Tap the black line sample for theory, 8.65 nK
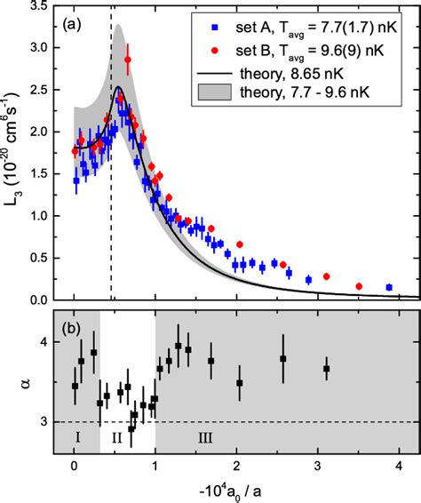(x=214, y=67)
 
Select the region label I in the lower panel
(x=78, y=437)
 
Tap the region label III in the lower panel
(x=179, y=437)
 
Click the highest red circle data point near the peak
(x=128, y=60)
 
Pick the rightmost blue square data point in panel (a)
(x=389, y=287)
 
